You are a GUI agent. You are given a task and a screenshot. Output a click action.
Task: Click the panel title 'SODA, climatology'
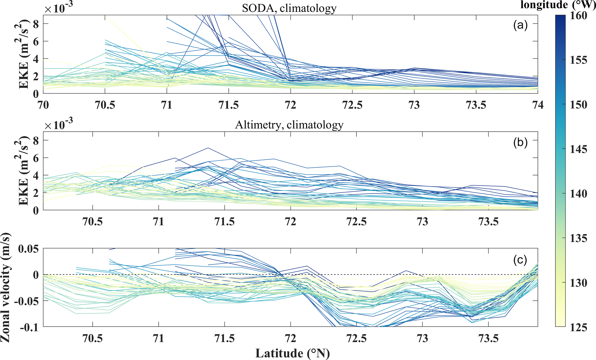tap(289, 8)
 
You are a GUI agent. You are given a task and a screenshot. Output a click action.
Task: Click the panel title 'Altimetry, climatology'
tap(289, 125)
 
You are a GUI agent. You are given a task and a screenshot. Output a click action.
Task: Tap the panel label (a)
tap(520, 26)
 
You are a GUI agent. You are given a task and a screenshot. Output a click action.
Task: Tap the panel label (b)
tap(520, 142)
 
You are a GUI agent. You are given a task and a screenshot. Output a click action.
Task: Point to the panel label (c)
tap(520, 260)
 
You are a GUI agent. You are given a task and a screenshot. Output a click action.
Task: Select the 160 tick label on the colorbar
tap(578, 16)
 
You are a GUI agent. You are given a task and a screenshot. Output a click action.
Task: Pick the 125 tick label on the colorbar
tap(578, 327)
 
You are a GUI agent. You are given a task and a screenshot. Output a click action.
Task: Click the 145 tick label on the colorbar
tap(578, 149)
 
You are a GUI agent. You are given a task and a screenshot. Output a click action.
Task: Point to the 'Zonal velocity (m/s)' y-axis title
tap(5, 287)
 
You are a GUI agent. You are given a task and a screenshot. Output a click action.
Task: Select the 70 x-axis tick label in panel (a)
tap(43, 105)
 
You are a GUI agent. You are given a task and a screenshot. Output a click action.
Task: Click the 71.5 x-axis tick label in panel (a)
tap(229, 105)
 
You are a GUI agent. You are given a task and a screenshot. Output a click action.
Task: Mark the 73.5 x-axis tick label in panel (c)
tap(488, 338)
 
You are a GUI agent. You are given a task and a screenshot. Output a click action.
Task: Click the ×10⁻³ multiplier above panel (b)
tap(59, 125)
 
